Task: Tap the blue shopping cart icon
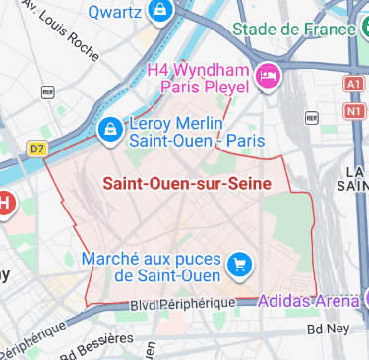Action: (x=238, y=264)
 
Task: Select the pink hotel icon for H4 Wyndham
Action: (x=267, y=76)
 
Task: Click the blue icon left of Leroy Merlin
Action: (x=110, y=128)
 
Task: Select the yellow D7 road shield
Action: (x=37, y=149)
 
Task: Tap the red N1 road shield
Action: (x=354, y=112)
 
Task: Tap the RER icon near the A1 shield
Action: (x=311, y=117)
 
